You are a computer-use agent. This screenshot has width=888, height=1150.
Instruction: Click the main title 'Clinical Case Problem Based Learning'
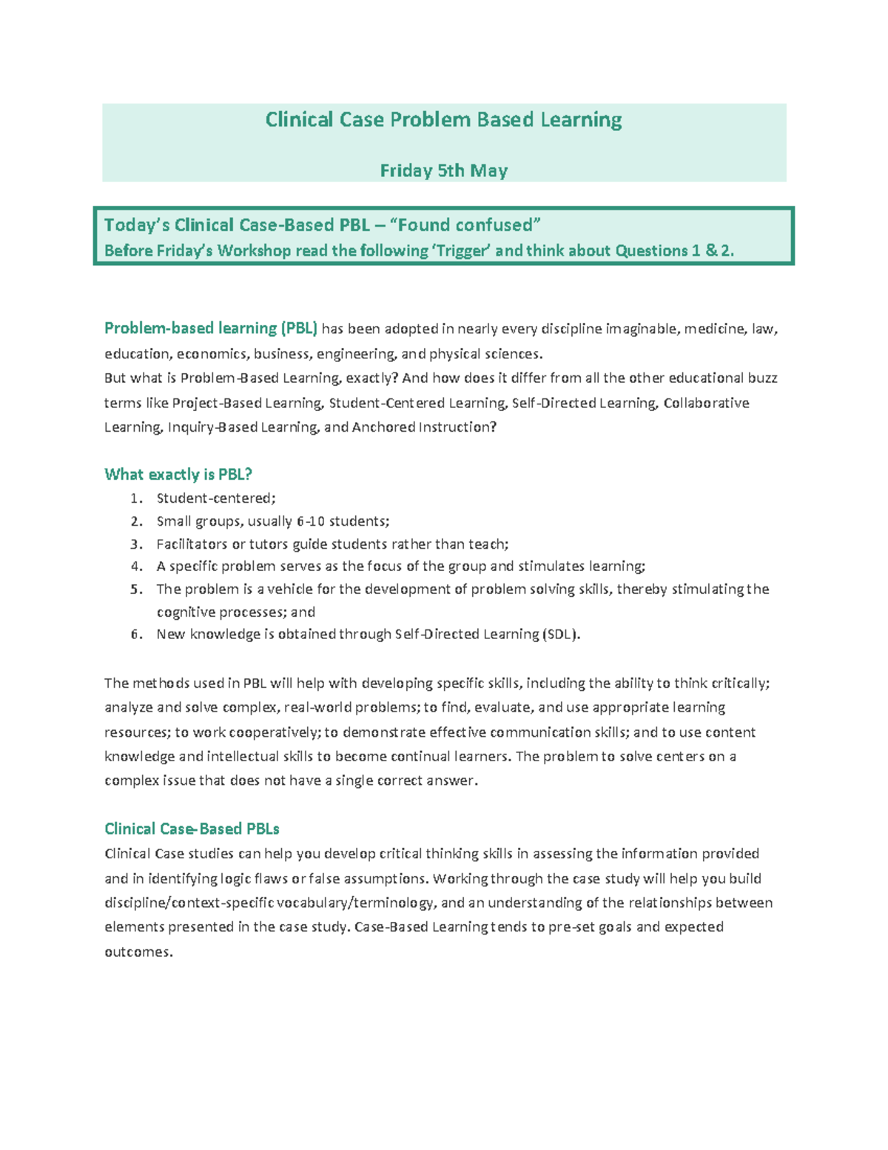coord(443,120)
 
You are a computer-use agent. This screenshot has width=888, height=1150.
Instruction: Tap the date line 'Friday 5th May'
coord(443,171)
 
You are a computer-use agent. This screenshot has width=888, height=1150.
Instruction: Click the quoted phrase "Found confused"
coord(465,225)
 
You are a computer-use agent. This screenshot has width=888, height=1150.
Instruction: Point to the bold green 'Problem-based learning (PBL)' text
coord(211,328)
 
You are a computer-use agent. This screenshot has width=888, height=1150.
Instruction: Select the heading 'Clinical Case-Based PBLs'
coord(192,829)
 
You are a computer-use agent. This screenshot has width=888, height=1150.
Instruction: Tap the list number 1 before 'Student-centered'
coord(135,499)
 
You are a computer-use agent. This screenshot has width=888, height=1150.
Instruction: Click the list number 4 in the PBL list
coord(135,566)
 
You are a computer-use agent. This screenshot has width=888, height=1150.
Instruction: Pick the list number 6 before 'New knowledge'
coord(135,635)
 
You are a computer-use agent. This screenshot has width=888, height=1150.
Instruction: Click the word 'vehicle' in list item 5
coord(291,589)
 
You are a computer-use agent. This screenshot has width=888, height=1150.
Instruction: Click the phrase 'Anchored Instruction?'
coord(424,427)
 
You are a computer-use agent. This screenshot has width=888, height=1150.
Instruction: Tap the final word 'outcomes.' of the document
coord(138,952)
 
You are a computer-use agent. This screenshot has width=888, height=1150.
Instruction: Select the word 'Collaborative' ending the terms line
coord(706,403)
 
